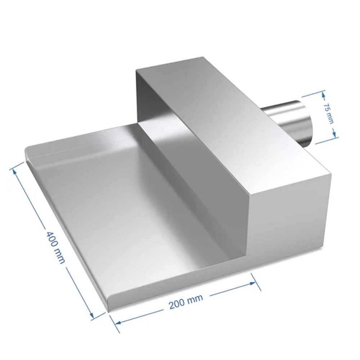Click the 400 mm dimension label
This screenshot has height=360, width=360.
[56, 247]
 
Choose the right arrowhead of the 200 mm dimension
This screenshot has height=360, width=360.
[252, 283]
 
